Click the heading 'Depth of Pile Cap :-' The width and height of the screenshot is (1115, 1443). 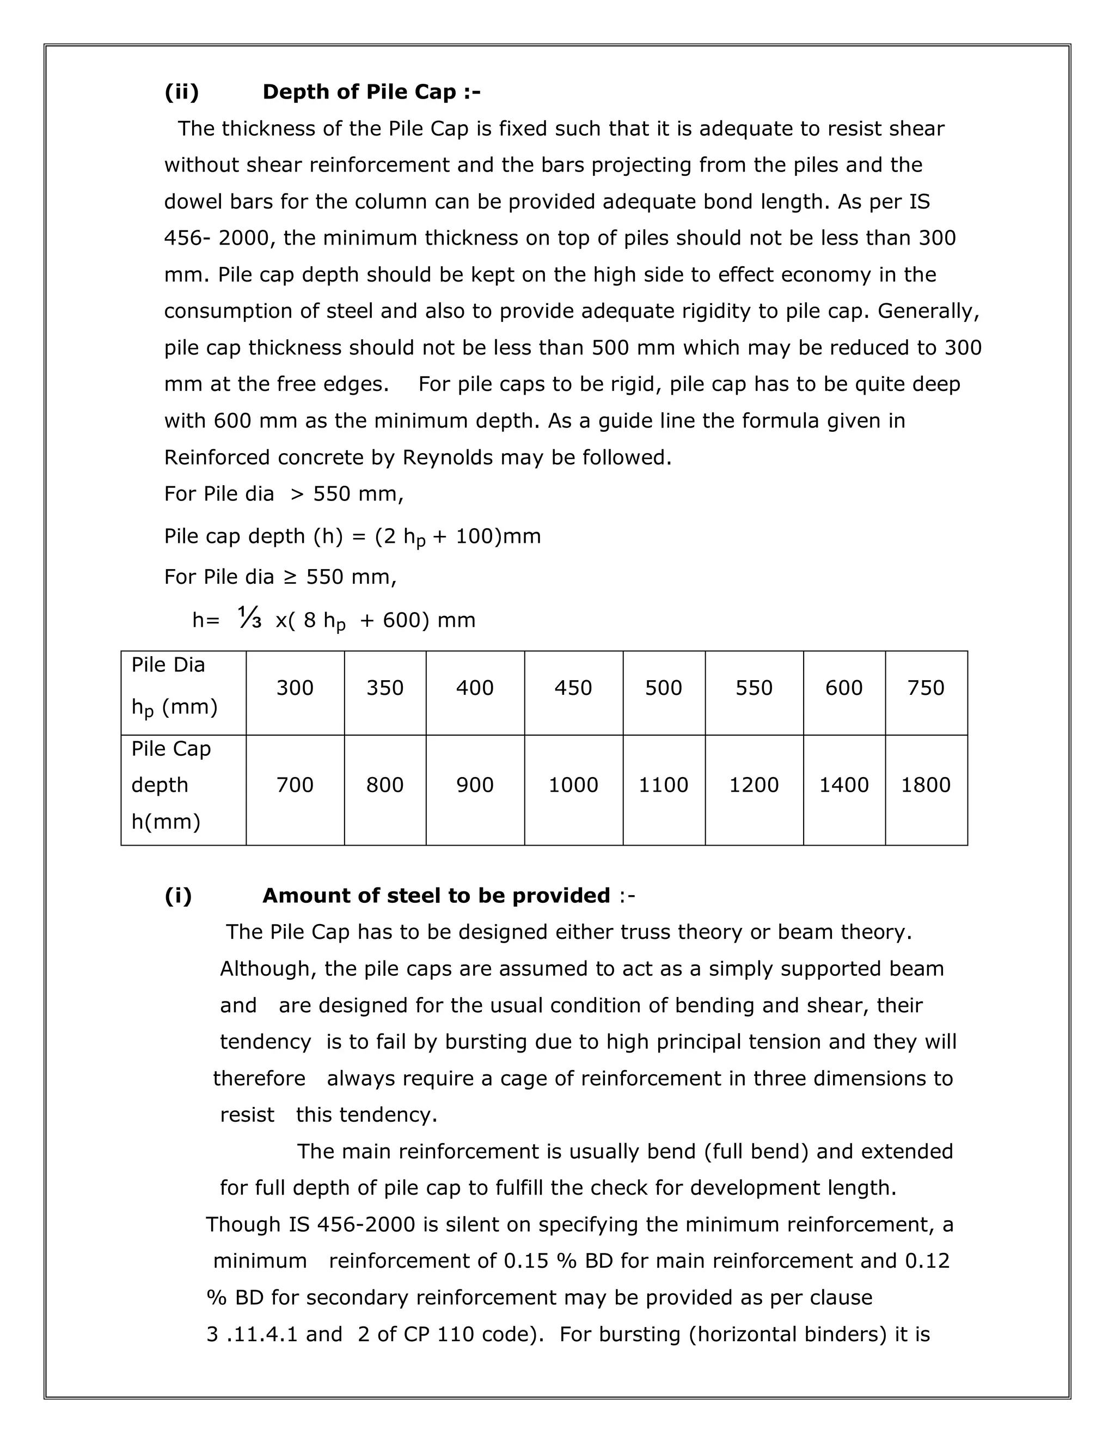click(x=371, y=92)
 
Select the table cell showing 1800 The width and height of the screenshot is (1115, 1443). click(x=926, y=785)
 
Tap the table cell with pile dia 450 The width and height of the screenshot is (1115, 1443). click(x=573, y=688)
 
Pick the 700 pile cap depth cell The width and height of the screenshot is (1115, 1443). click(x=295, y=785)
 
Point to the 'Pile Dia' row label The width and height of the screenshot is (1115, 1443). click(x=168, y=665)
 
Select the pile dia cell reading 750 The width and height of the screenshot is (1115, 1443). click(x=926, y=688)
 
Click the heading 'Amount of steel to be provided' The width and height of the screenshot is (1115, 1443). click(x=436, y=895)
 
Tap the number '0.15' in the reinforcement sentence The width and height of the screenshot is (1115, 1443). click(x=526, y=1261)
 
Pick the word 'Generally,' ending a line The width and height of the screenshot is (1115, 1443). click(x=928, y=310)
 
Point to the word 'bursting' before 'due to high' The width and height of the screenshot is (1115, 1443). click(x=486, y=1041)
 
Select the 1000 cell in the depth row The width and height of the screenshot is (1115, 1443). click(x=573, y=785)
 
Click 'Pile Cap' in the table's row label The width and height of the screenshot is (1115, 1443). click(x=171, y=749)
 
